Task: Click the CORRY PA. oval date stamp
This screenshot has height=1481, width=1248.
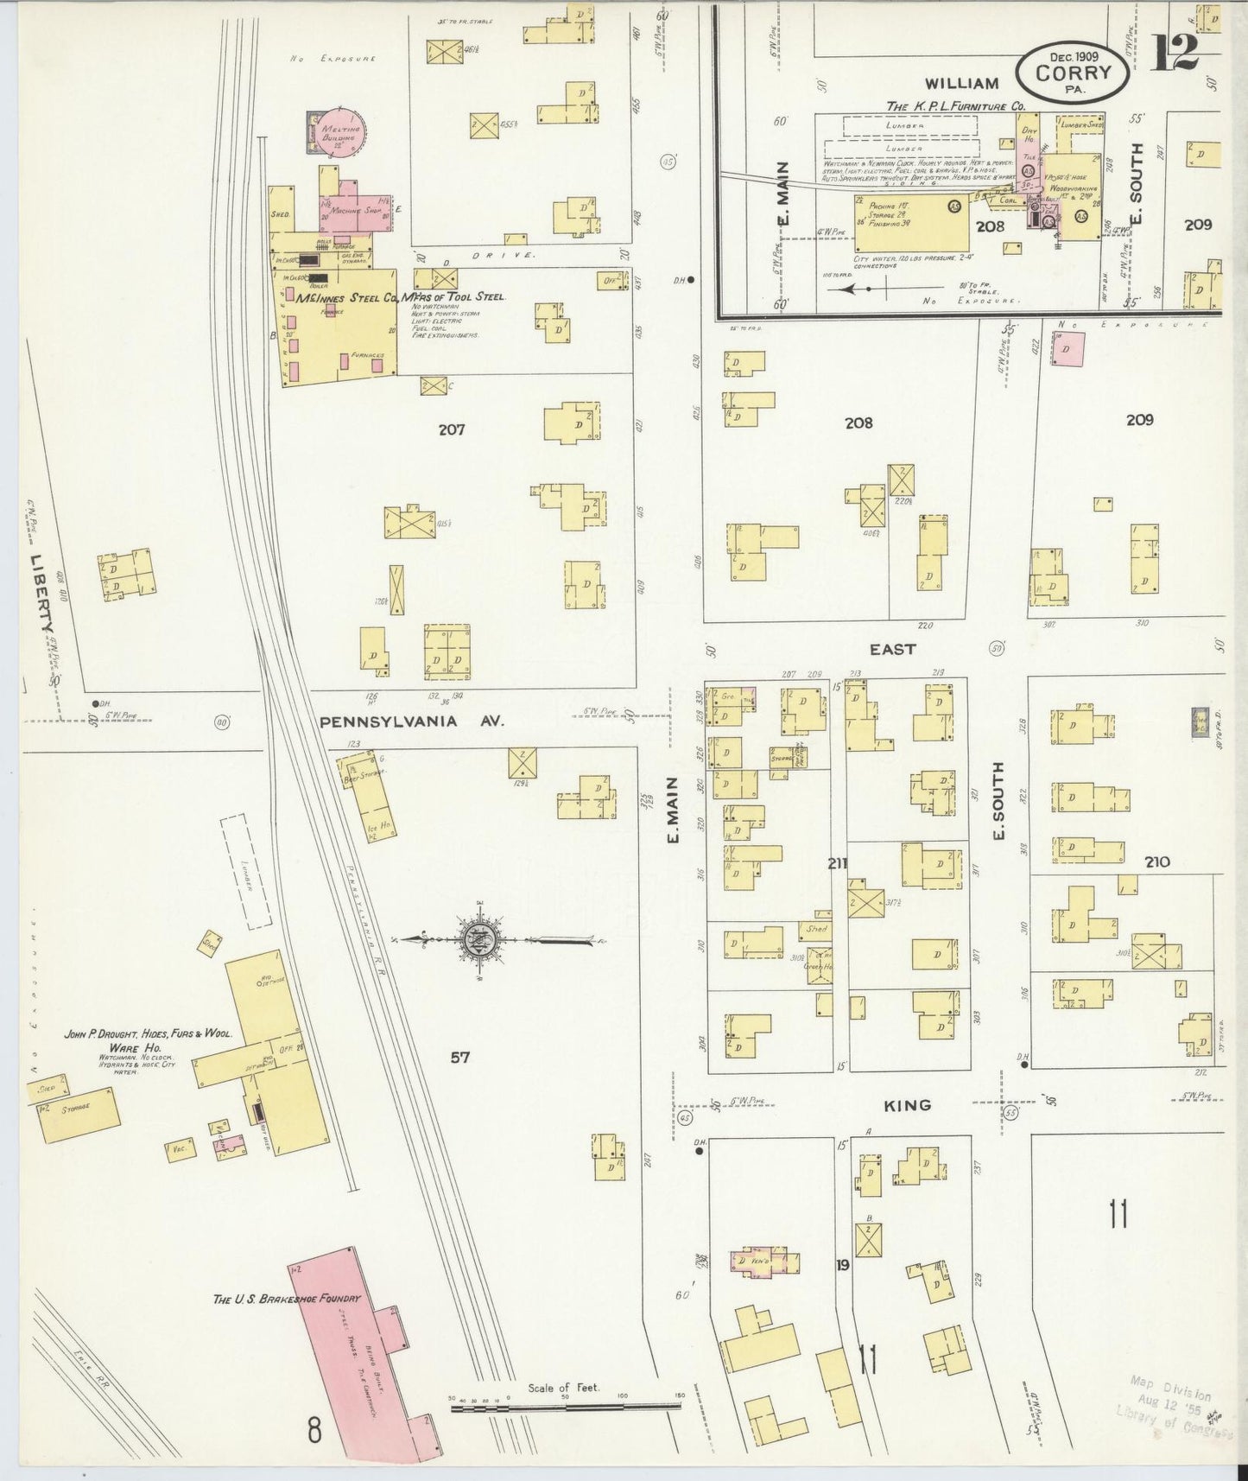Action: [x=1074, y=72]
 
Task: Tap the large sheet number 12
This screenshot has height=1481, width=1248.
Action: [x=1175, y=53]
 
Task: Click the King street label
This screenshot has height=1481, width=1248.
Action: [x=907, y=1105]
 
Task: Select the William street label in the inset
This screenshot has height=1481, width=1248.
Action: [x=962, y=84]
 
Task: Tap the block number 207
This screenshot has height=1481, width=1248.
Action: [x=452, y=429]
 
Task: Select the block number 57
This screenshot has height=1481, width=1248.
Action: [x=459, y=1057]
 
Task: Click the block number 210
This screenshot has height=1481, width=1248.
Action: [x=1156, y=861]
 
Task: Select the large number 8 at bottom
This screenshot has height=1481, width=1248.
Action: [x=313, y=1430]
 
